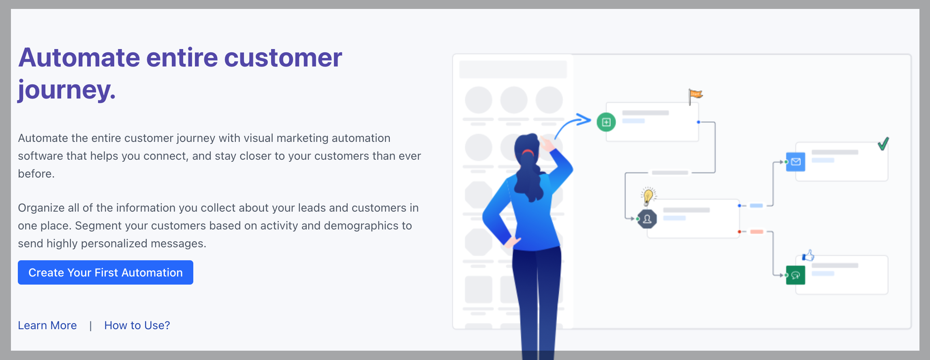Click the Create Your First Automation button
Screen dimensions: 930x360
105,272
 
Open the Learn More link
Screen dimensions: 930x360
47,326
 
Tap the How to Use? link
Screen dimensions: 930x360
137,326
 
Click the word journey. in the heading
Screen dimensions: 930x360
67,89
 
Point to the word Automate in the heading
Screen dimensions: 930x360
79,58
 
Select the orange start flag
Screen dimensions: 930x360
695,96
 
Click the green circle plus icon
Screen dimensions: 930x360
606,122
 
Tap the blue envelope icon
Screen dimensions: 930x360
795,162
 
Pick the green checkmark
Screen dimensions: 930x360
883,144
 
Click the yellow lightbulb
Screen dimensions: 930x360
648,196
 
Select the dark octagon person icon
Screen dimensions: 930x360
647,219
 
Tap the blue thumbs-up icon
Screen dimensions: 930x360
808,255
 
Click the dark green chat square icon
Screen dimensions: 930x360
795,275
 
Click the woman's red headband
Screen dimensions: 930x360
528,152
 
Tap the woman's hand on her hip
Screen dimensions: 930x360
512,242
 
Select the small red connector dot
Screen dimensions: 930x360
740,232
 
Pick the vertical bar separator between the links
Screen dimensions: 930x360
91,326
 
